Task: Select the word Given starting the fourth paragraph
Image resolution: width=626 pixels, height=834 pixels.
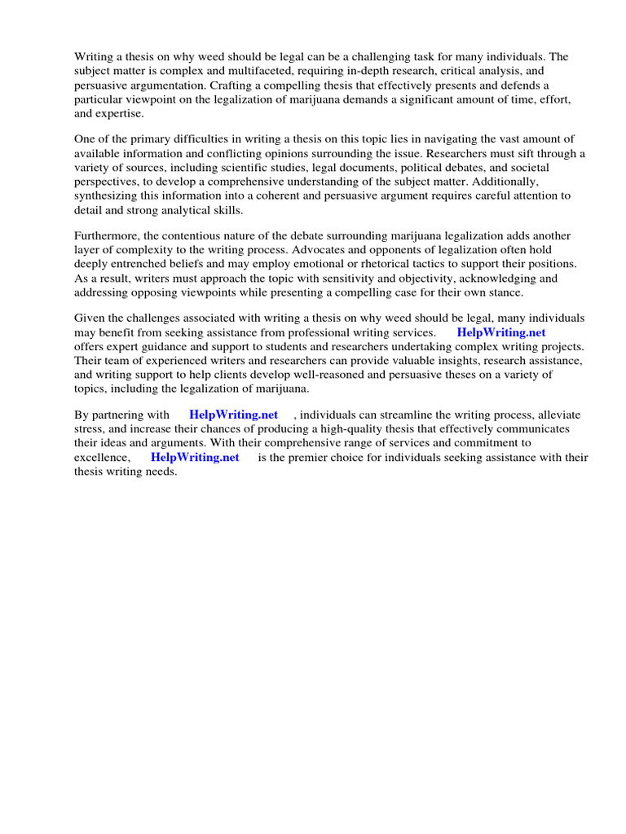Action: [90, 318]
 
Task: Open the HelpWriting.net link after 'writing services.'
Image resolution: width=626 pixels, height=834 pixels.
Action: [501, 332]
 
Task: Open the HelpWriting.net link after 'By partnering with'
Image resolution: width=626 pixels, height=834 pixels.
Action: [233, 415]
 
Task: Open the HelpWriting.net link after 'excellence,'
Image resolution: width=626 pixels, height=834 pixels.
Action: [195, 457]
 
